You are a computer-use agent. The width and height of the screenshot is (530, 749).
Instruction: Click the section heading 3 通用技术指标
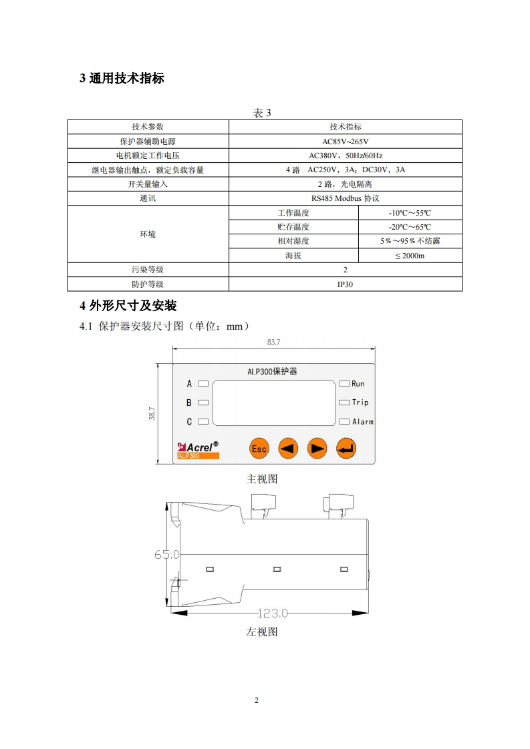122,79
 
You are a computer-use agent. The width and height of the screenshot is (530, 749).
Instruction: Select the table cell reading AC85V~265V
345,141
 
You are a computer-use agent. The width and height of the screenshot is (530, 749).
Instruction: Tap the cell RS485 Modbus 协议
345,198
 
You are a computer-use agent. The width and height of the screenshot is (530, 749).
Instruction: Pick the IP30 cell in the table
345,284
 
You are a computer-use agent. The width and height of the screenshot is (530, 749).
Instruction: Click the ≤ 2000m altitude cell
410,256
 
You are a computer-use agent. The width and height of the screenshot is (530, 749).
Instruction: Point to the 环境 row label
148,234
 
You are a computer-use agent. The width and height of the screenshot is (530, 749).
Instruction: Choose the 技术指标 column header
345,126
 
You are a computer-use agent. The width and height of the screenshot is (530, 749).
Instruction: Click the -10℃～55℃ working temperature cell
410,213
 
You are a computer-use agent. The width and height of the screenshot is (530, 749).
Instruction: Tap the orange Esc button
259,449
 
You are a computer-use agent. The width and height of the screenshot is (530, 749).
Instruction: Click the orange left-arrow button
287,449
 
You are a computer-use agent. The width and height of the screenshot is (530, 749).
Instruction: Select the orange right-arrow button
317,449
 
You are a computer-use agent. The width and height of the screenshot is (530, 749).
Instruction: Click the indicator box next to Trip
344,403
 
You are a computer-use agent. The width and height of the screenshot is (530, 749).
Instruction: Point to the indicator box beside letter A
203,384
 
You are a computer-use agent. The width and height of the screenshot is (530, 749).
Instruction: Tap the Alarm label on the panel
362,422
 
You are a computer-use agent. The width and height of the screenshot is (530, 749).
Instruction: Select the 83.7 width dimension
273,342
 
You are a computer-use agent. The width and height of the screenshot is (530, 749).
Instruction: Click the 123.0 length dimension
272,613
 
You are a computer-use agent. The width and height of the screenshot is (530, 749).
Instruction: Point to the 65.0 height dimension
167,554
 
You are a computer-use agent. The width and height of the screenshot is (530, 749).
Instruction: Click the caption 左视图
262,632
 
